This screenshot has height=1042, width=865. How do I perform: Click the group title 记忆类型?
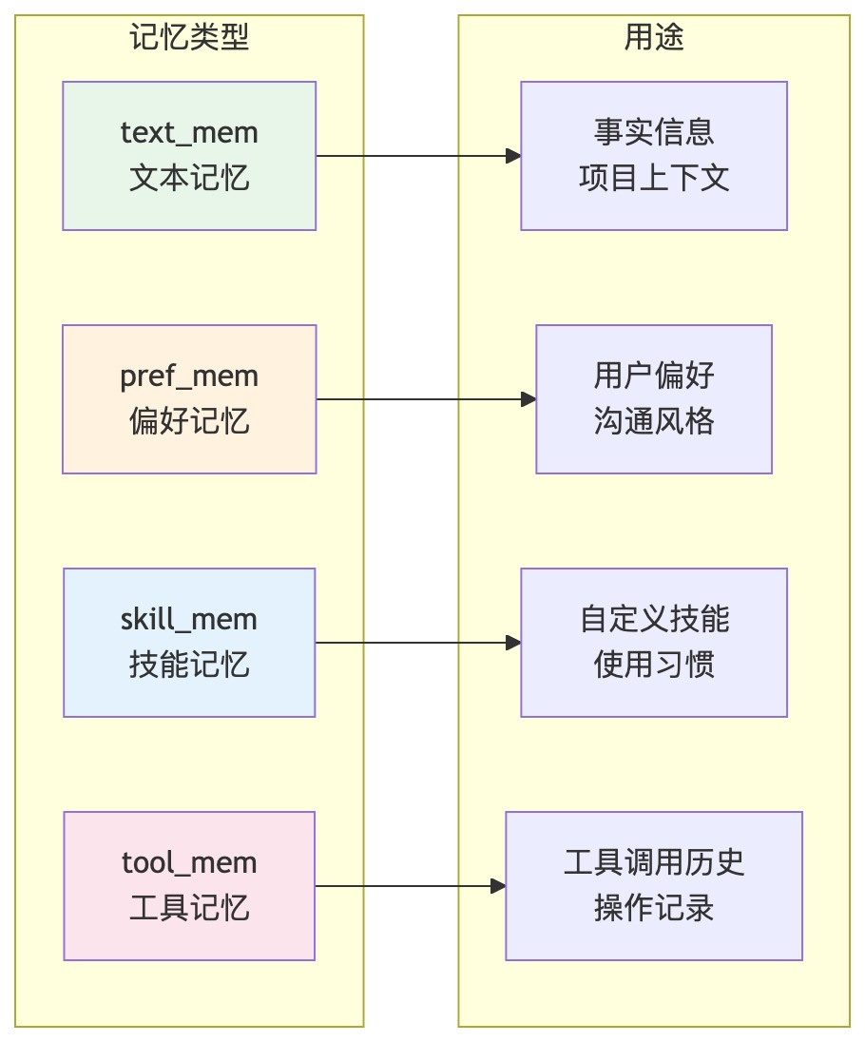click(x=189, y=36)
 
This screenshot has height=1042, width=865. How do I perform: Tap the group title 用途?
click(x=654, y=36)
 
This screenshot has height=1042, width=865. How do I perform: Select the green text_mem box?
click(x=189, y=156)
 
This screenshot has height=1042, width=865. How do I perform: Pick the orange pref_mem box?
click(x=189, y=399)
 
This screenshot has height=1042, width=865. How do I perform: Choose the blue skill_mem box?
click(x=189, y=643)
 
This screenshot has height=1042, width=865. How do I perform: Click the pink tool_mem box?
click(x=189, y=886)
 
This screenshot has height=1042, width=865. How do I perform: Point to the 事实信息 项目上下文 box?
click(x=654, y=156)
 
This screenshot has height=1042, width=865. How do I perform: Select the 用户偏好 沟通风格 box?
click(x=654, y=399)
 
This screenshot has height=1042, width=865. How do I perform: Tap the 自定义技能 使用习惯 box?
click(x=654, y=643)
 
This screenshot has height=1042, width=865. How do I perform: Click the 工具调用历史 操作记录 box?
click(x=654, y=886)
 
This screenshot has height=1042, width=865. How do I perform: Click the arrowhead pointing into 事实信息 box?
click(x=513, y=156)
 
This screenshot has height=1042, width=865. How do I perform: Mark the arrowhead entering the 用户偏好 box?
click(x=529, y=399)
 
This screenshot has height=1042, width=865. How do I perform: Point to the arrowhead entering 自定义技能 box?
click(x=513, y=643)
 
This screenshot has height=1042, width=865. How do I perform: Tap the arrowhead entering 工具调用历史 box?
click(x=498, y=886)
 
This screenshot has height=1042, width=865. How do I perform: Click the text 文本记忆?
click(x=189, y=178)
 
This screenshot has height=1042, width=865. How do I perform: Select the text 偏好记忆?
click(x=189, y=421)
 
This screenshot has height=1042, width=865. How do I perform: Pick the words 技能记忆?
click(x=189, y=665)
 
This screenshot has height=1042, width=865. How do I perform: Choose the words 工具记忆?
click(x=189, y=908)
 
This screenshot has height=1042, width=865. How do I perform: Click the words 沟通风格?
click(x=654, y=421)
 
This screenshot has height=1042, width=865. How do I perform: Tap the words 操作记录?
click(x=654, y=908)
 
